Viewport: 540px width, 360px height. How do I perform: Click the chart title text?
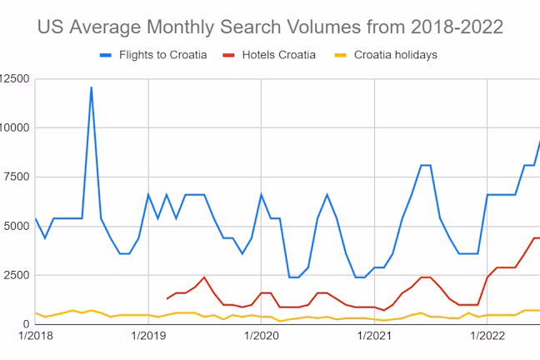tap(270, 27)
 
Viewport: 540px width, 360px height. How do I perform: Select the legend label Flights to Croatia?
tap(162, 55)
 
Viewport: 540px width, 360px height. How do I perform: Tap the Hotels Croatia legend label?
tap(279, 55)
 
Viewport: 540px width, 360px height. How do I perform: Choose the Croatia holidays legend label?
tap(396, 55)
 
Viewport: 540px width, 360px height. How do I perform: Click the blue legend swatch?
tap(106, 55)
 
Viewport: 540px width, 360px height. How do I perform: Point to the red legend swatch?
tap(228, 55)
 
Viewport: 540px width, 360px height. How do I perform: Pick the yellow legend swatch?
tap(341, 55)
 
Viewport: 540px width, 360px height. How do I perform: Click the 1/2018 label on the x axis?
tap(36, 336)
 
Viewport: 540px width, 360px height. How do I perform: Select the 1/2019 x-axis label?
tap(148, 336)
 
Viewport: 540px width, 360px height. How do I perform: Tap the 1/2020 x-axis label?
tap(262, 336)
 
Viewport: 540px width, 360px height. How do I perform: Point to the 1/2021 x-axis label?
tap(374, 336)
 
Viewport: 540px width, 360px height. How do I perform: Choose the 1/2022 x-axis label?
tap(487, 336)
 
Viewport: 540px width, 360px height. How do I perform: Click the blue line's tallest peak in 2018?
tap(92, 87)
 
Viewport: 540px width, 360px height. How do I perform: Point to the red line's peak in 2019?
tap(204, 277)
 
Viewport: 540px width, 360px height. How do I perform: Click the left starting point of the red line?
tap(167, 298)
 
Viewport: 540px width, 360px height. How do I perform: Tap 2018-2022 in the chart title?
tap(457, 27)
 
